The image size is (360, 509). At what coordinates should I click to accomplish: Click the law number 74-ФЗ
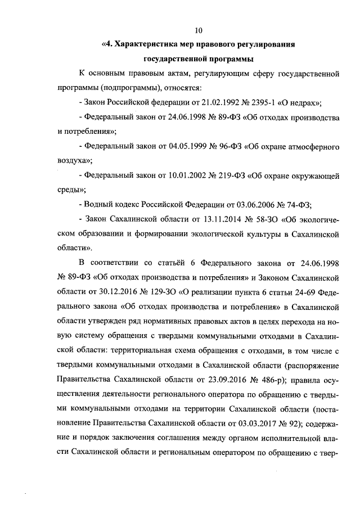tap(300, 204)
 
